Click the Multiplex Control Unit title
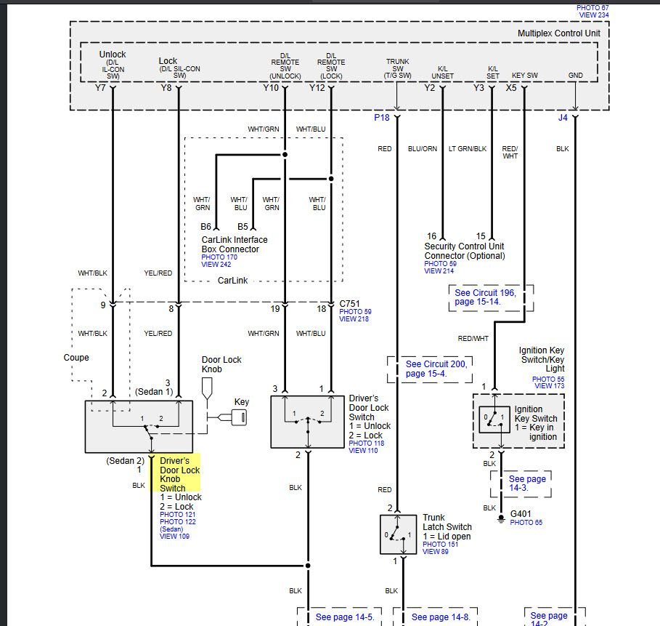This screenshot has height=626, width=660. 558,33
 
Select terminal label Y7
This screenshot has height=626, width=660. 100,88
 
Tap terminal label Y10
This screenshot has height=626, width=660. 270,88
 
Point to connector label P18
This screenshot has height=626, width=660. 382,116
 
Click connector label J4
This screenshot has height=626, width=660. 563,116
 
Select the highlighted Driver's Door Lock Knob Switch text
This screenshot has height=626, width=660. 179,474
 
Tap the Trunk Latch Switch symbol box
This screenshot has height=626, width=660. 398,534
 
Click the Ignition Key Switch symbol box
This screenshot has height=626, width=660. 493,420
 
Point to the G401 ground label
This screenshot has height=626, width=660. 521,513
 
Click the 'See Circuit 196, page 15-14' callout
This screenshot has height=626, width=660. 491,297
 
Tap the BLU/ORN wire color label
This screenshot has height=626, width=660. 423,149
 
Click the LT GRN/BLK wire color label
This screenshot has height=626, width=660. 468,149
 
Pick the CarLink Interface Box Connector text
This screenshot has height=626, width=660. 234,244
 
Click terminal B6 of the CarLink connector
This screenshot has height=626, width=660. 206,227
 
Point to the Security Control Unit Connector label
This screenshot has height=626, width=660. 464,251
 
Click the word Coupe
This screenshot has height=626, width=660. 76,358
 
